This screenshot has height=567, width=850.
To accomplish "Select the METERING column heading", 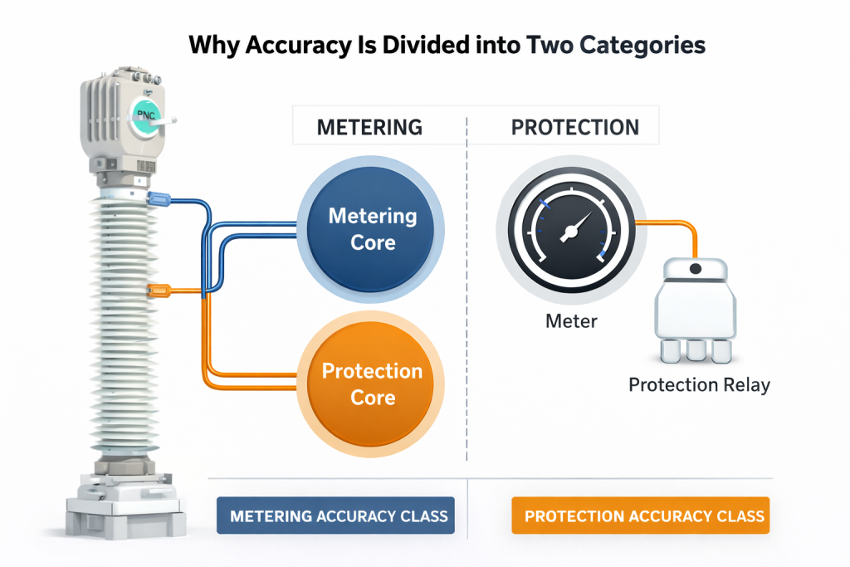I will pyautogui.click(x=369, y=127).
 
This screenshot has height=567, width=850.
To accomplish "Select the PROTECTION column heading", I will pyautogui.click(x=575, y=127).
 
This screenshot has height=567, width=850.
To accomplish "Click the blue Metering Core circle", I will pyautogui.click(x=373, y=228).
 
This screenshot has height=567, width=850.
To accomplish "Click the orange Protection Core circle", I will pyautogui.click(x=373, y=384).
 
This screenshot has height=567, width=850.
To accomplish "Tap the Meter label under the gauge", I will pyautogui.click(x=571, y=320).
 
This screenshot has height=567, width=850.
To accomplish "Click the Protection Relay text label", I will pyautogui.click(x=699, y=385).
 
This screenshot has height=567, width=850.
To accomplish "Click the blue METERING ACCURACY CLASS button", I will pyautogui.click(x=339, y=516).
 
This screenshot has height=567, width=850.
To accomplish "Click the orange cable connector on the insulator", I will pyautogui.click(x=158, y=291).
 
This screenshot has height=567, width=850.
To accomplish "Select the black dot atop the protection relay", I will pyautogui.click(x=696, y=268).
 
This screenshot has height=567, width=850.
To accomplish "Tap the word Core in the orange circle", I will pyautogui.click(x=373, y=397).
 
